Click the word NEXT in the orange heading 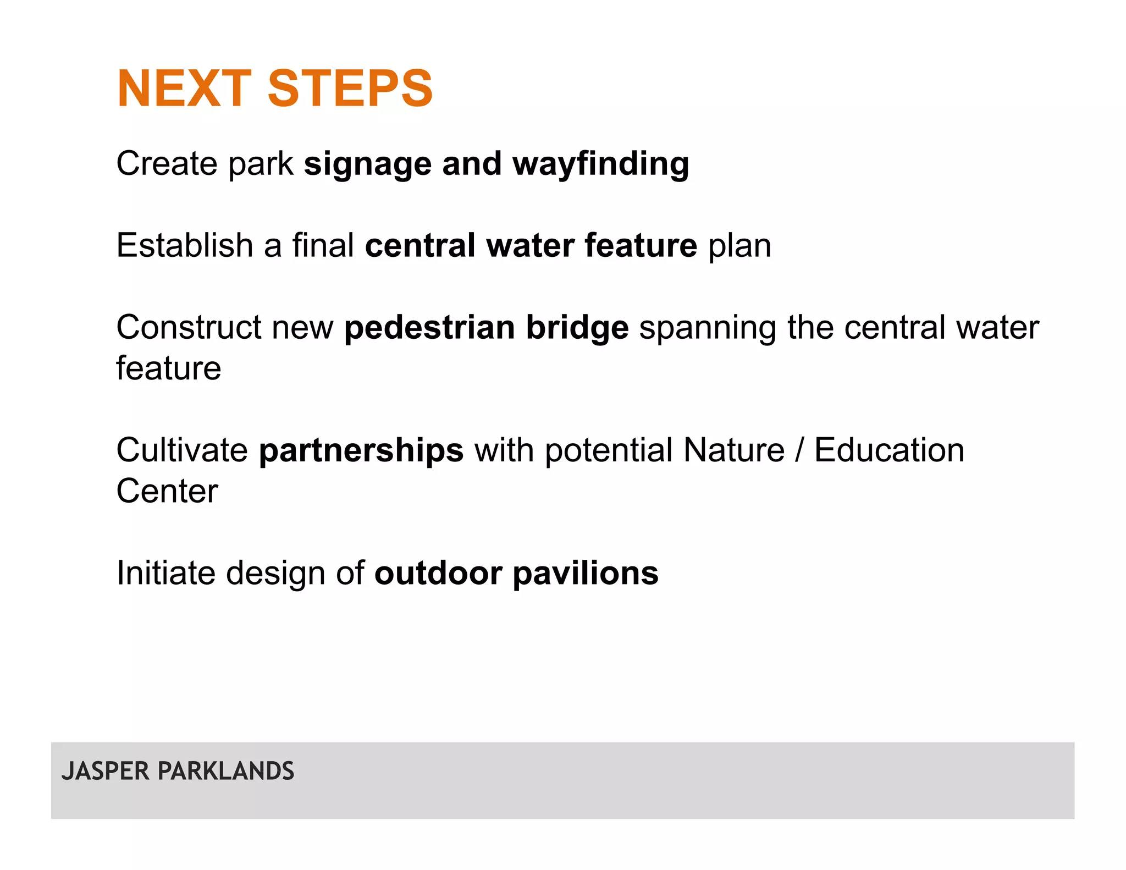tap(184, 89)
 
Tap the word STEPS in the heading tap(350, 89)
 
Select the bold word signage tap(368, 164)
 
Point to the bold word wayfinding tap(600, 164)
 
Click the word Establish tap(184, 245)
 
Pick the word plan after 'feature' tap(739, 246)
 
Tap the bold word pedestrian tap(430, 328)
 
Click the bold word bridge tap(577, 328)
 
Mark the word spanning tap(708, 328)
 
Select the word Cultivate tap(182, 450)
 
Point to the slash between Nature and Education tap(799, 450)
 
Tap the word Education tap(889, 450)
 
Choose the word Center tap(167, 491)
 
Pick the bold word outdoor tap(438, 573)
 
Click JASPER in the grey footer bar tap(106, 771)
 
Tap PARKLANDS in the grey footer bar tap(225, 771)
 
